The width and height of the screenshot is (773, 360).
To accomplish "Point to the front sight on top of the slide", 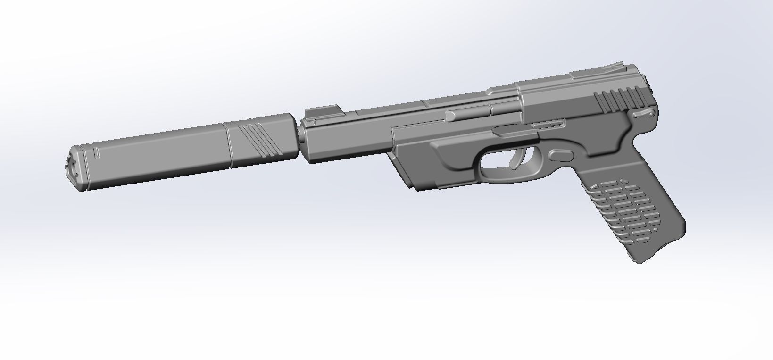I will [x=316, y=114].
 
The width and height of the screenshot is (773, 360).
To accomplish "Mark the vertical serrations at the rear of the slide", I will [x=618, y=99].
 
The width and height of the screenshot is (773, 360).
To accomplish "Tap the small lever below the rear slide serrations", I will [x=644, y=113].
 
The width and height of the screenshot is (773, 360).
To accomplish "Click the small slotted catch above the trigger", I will [x=549, y=124].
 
